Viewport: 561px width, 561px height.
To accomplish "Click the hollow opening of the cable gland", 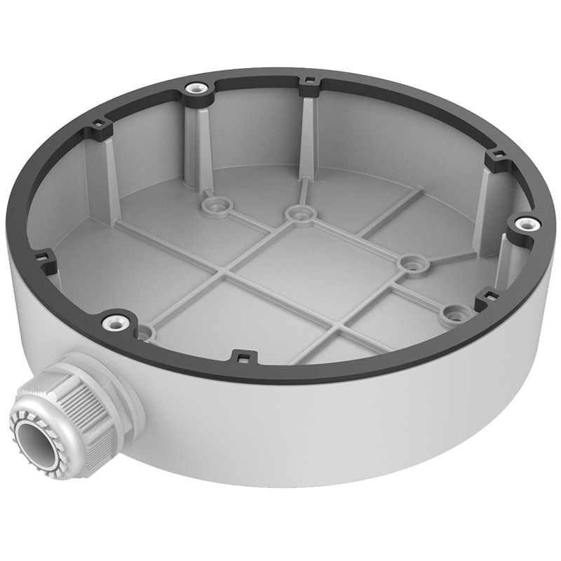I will [x=33, y=441].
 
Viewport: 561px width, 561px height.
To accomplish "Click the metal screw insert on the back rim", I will [x=196, y=90].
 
